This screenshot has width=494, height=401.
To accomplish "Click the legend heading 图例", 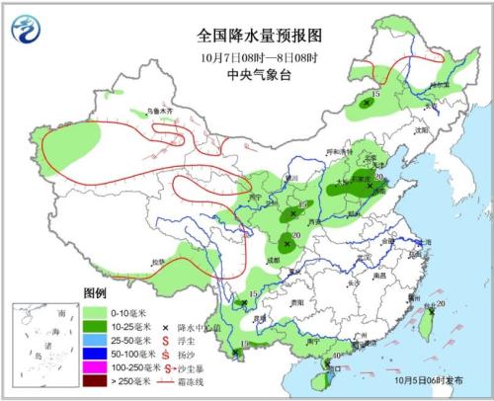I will (x=95, y=295).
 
